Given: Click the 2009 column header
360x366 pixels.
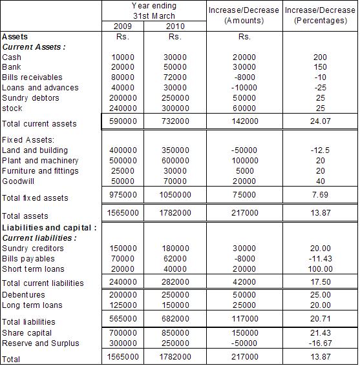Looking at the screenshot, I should point(123,26).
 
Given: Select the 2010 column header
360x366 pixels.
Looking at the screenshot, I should point(174,26).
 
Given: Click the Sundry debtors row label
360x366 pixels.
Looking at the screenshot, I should point(30,98).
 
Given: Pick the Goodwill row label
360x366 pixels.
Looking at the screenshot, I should point(18,181).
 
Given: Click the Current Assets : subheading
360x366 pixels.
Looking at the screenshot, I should point(34,47).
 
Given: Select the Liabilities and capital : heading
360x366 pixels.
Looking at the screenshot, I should point(50,228).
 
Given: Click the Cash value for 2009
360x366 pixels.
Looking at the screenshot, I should point(123,57).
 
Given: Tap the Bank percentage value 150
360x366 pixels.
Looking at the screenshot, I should point(320,67).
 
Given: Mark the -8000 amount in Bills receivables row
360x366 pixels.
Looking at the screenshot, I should point(243,77).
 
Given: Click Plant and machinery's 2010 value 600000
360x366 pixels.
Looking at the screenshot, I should point(174,161).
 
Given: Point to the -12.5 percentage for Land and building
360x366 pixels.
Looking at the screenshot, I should point(320,150).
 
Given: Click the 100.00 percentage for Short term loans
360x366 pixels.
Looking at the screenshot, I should point(320,269).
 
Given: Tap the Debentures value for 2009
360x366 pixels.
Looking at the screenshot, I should point(123,295).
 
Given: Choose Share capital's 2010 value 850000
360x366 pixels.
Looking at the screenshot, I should point(174,333).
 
